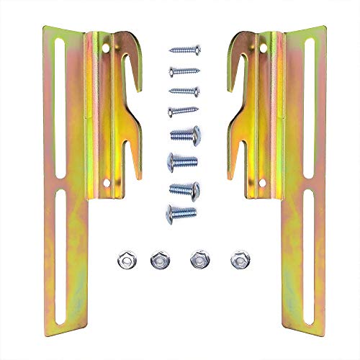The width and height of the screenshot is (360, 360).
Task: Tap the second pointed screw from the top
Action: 184,71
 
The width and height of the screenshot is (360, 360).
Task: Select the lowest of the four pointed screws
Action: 184,110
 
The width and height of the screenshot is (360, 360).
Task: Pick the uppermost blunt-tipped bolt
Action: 184,133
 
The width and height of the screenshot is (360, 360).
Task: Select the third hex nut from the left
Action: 196,258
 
